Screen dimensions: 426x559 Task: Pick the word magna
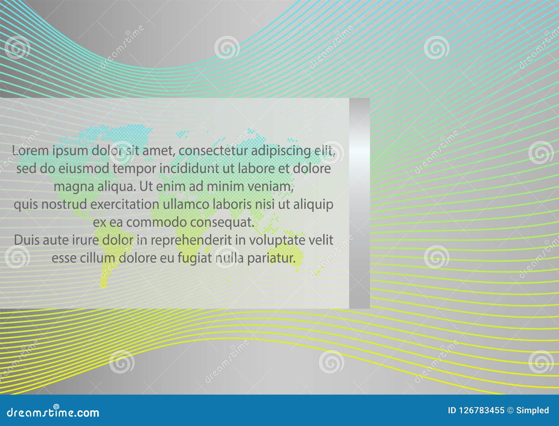[x=70, y=187]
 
